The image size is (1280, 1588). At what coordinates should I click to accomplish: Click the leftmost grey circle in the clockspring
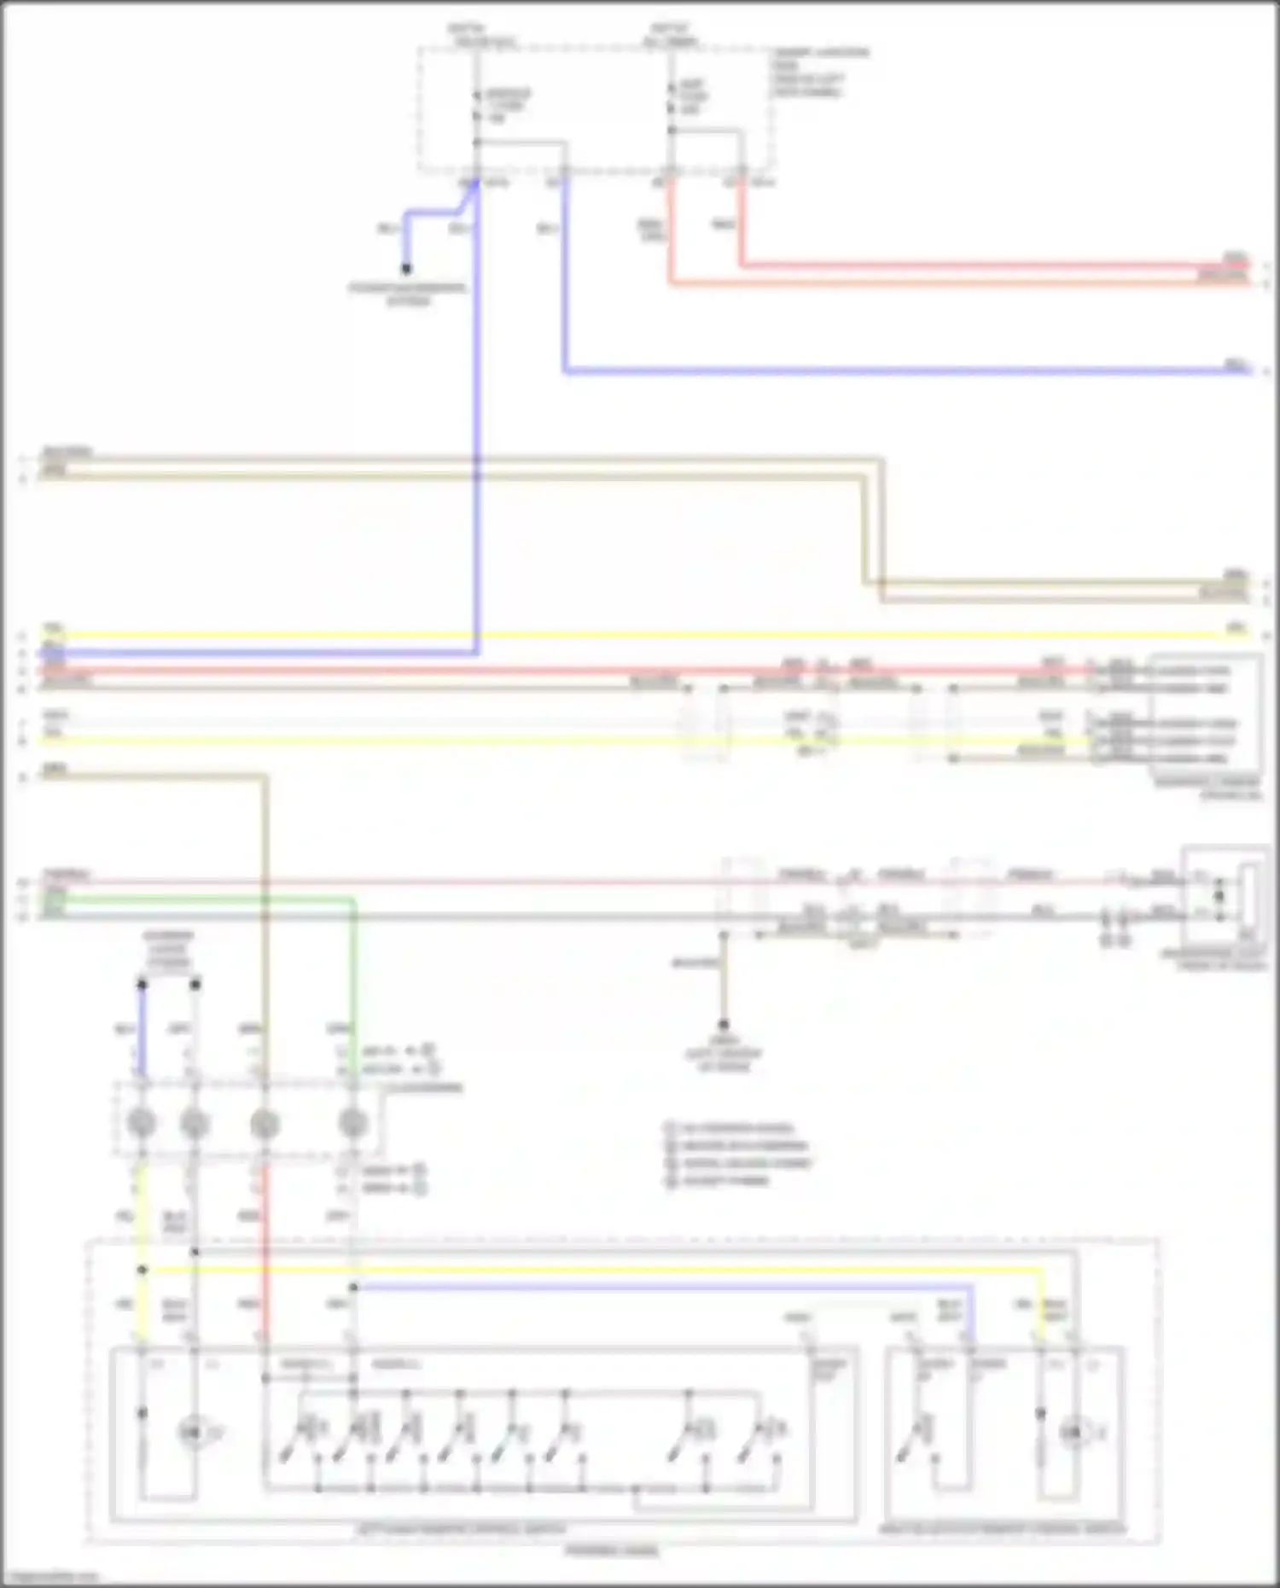tap(142, 1123)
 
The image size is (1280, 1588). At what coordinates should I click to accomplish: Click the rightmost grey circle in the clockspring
tap(352, 1123)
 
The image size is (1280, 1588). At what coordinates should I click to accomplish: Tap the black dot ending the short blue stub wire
tap(406, 269)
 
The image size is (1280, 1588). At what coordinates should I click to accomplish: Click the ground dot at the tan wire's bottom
tap(723, 1024)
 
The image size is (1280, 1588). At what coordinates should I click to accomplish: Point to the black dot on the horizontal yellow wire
tap(142, 1270)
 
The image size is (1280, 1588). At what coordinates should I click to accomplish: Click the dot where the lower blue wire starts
tap(352, 1287)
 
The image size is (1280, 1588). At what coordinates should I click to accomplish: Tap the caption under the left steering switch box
tap(461, 1529)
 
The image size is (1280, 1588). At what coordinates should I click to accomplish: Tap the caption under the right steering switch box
tap(1003, 1529)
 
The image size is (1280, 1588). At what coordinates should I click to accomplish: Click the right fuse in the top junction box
tap(672, 98)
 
